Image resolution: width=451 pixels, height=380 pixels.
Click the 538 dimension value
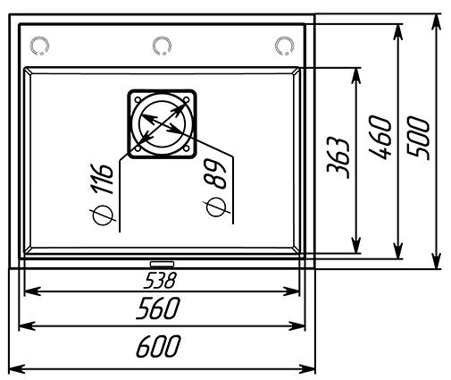point(160,281)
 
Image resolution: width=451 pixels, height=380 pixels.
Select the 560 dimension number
point(158,308)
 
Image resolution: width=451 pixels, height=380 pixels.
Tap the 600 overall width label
point(158,346)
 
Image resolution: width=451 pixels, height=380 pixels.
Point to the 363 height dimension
point(338,158)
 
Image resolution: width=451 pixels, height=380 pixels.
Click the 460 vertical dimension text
point(380,138)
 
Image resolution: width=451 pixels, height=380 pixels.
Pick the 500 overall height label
point(418,138)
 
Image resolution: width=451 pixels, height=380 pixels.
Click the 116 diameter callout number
point(102,179)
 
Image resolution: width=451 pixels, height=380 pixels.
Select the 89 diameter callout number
point(215,173)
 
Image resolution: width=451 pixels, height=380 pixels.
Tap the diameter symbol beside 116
point(103,215)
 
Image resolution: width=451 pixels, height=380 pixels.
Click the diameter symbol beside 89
point(216,207)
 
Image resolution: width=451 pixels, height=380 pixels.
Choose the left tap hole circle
point(39,46)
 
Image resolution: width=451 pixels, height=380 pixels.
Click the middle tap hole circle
point(162,46)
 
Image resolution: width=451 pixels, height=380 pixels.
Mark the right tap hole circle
point(284,46)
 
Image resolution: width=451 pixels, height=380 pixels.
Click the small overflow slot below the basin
point(162,264)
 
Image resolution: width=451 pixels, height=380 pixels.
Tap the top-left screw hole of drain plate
point(138,99)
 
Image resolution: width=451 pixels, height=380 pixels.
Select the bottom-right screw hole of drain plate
point(187,148)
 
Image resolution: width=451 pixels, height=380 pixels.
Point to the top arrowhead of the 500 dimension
point(436,21)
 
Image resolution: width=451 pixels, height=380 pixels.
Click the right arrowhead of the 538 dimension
point(291,291)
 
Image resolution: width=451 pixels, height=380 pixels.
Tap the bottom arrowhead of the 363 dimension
point(356,245)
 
